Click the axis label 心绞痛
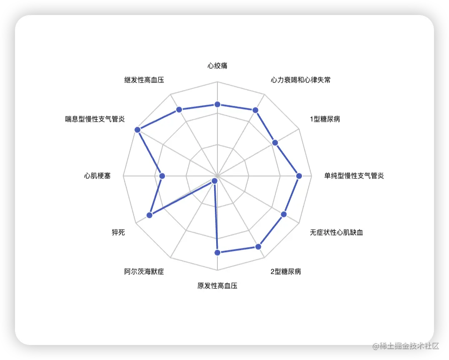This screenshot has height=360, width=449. pos(217,66)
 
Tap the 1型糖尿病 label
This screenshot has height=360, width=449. pos(325,119)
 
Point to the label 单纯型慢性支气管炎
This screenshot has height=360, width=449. pos(354,176)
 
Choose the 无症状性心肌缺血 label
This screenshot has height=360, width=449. pos(336,232)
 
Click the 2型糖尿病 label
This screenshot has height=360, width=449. pos(286,272)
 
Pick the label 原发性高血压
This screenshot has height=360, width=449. pos(217,286)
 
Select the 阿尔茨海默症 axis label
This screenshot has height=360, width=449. pos(144,272)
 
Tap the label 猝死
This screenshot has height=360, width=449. pos(118,232)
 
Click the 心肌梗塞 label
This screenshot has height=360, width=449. pos(97,176)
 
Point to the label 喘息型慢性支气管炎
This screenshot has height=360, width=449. pos(95,119)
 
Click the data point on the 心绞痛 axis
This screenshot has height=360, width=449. pos(217,104)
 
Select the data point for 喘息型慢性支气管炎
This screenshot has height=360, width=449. pos(137,130)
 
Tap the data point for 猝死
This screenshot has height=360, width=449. pos(150,215)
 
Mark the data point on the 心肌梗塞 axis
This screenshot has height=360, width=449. pos(162,176)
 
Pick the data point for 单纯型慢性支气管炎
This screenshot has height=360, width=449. pos(298,176)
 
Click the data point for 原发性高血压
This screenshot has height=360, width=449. pos(217,252)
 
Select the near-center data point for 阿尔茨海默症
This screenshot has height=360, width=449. pos(215,181)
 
